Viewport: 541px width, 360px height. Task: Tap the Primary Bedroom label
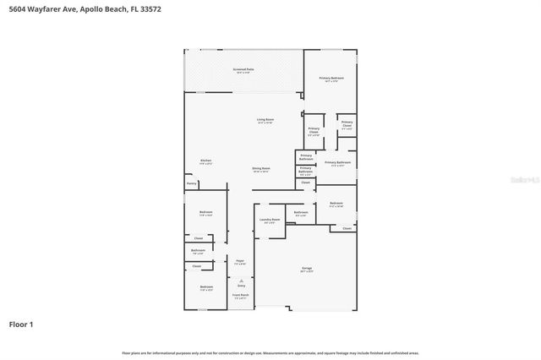pyautogui.click(x=331, y=79)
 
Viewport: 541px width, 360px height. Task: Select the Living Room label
pyautogui.click(x=265, y=120)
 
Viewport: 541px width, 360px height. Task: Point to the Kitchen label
pyautogui.click(x=205, y=161)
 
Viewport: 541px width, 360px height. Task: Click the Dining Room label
pyautogui.click(x=261, y=168)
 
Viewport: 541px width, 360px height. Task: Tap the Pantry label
pyautogui.click(x=192, y=183)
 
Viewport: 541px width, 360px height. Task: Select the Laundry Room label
pyautogui.click(x=270, y=220)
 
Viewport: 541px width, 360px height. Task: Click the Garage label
pyautogui.click(x=306, y=269)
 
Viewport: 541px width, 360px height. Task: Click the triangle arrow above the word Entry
pyautogui.click(x=241, y=280)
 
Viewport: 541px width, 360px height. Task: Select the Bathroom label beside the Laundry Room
pyautogui.click(x=301, y=212)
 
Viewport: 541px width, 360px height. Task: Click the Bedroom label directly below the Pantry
pyautogui.click(x=205, y=212)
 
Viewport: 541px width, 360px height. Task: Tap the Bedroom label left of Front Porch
pyautogui.click(x=205, y=287)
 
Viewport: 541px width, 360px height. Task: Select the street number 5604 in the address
pyautogui.click(x=17, y=8)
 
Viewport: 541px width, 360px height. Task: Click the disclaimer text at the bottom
pyautogui.click(x=270, y=352)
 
